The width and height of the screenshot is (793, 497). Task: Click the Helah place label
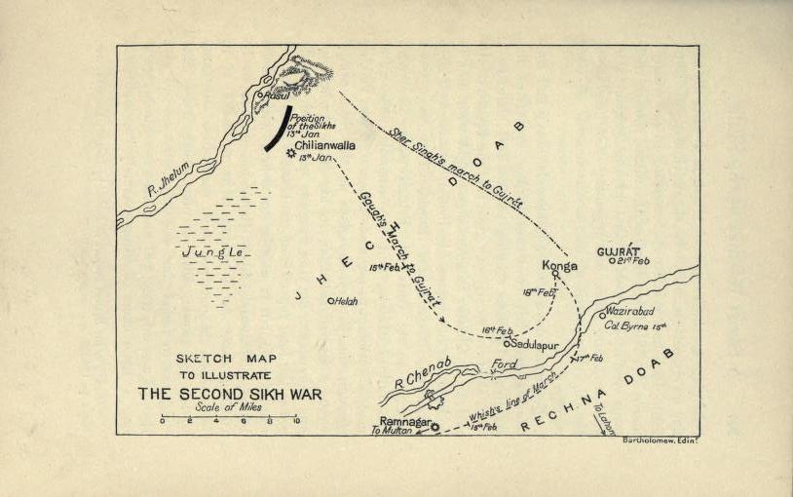[346, 301]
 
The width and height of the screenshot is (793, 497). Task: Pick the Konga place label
[558, 264]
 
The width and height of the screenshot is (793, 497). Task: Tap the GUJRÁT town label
[618, 251]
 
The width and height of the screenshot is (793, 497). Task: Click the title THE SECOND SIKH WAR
[229, 394]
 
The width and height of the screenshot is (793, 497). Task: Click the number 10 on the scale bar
[296, 422]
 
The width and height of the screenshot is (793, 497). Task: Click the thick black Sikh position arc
[276, 130]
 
